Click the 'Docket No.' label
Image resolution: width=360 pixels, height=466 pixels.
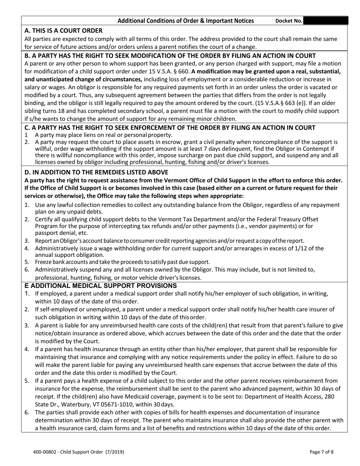[289, 21]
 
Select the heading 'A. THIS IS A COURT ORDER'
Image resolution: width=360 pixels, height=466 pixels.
[63, 30]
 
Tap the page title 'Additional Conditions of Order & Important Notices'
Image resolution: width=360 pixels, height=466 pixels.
[186, 21]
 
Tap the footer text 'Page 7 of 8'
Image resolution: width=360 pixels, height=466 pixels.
[322, 452]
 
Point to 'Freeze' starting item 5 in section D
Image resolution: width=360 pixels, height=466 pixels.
[43, 262]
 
